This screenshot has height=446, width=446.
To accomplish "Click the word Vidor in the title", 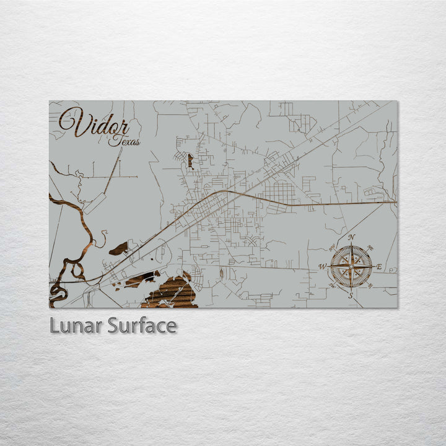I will tap(94, 123).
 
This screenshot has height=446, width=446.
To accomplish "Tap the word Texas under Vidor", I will tap(124, 141).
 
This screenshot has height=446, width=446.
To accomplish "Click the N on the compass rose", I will tap(351, 238).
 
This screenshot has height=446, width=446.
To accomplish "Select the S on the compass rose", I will tap(351, 296).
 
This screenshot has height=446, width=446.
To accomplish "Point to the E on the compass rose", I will tap(379, 267).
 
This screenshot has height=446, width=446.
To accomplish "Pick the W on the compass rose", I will tap(322, 267).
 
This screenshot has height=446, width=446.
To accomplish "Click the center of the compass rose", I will tap(351, 267).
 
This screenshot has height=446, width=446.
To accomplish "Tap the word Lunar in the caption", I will tap(76, 326).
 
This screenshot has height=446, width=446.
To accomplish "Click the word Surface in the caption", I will tap(142, 326).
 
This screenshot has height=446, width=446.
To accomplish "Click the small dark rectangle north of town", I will tap(190, 161).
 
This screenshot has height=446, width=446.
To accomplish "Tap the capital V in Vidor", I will tap(72, 121).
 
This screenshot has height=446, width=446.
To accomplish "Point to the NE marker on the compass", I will tap(370, 248).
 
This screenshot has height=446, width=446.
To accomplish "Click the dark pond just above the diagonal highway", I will tap(119, 249).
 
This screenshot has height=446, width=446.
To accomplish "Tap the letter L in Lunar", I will tap(55, 326).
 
